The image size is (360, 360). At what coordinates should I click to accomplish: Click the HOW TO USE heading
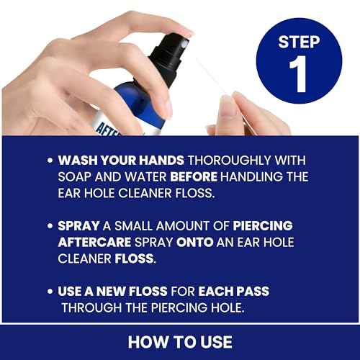point(180,341)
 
